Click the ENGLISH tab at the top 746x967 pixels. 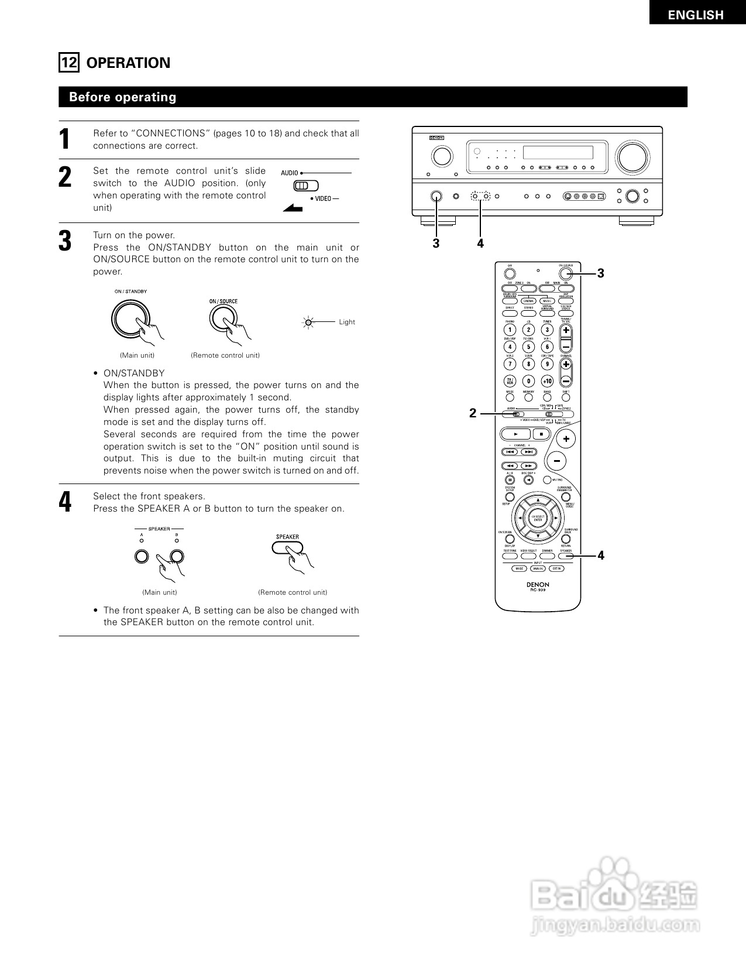(x=696, y=15)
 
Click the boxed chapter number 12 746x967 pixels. (x=68, y=63)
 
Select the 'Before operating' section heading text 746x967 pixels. (x=122, y=97)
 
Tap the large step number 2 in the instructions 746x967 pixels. (x=66, y=177)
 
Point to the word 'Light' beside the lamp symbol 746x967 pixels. (x=347, y=322)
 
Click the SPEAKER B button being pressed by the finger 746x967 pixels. (x=177, y=557)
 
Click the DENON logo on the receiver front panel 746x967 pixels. (x=436, y=139)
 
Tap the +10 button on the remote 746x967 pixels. (x=548, y=380)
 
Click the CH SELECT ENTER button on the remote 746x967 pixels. (x=538, y=518)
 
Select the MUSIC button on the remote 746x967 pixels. (x=548, y=301)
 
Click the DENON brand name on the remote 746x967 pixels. (x=538, y=584)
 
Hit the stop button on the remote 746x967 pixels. (x=542, y=434)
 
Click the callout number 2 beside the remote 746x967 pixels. (x=473, y=413)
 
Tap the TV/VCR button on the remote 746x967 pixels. (x=510, y=380)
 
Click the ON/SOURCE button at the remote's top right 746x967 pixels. (x=565, y=273)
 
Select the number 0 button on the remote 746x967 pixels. (x=528, y=380)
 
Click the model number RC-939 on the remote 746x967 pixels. (x=538, y=590)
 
